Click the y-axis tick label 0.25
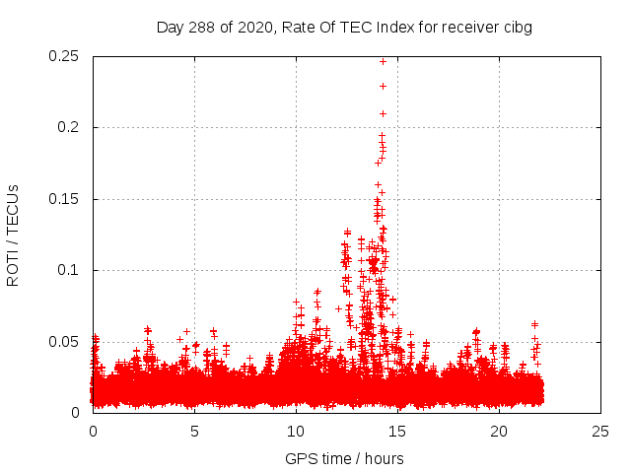pos(65,56)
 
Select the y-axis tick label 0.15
pos(65,199)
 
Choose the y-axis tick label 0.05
pos(65,342)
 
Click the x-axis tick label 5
pos(194,431)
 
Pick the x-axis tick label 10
pos(296,431)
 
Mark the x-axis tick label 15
pos(397,431)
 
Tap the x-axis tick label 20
pos(499,431)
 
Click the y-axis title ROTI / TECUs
pos(13,235)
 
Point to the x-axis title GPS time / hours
pos(344,458)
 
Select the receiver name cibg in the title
pos(516,27)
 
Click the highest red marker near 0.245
pos(384,61)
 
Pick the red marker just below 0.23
pos(383,86)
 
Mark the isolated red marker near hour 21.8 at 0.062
pos(534,324)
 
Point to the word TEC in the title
pos(363,27)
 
